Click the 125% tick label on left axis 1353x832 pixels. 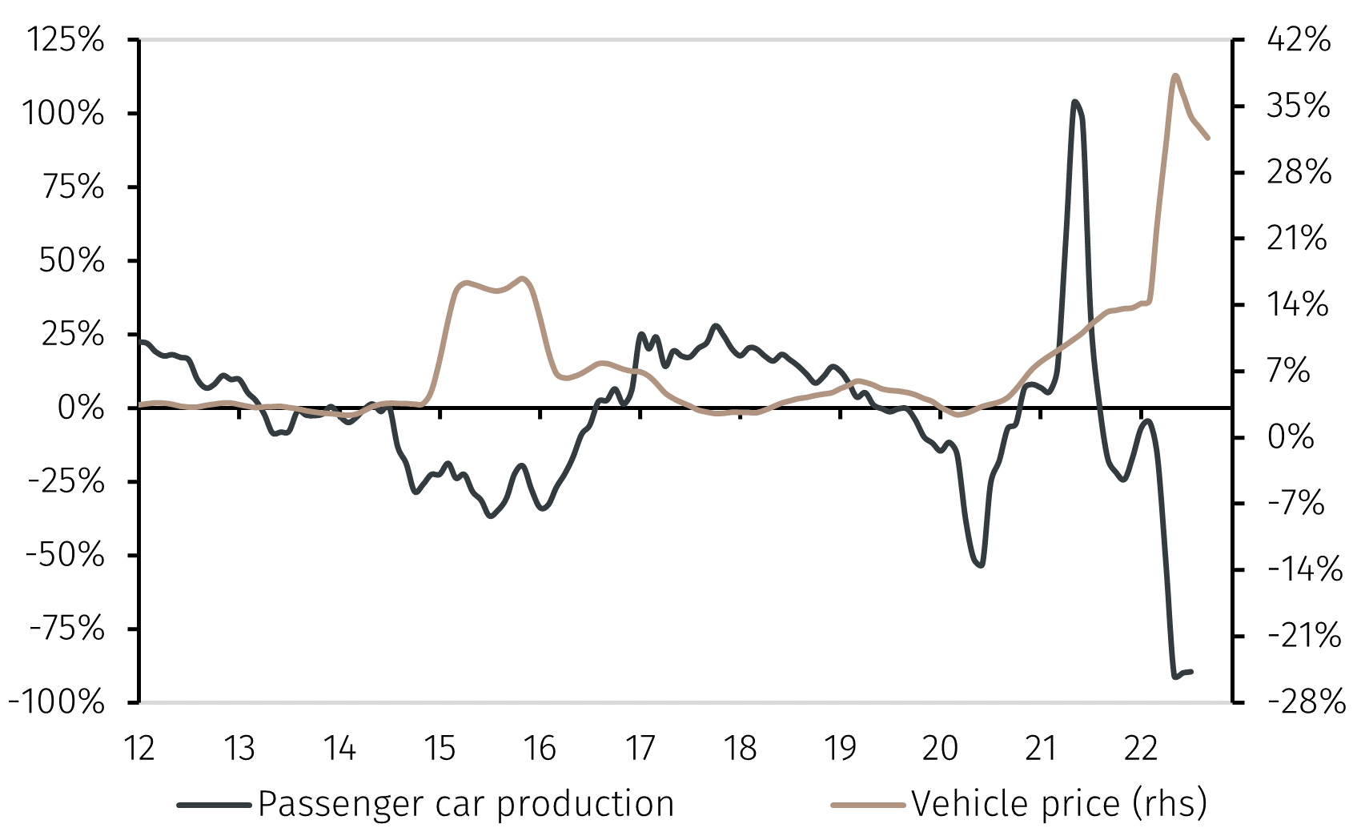tap(66, 39)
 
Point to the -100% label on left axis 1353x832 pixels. tap(57, 702)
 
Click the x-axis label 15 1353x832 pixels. tap(440, 749)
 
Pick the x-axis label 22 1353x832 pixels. tap(1141, 749)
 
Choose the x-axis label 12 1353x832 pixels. tap(139, 749)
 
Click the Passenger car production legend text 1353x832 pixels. tap(466, 804)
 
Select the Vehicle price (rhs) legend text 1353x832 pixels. tap(1059, 804)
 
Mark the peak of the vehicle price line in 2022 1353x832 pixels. tap(1174, 76)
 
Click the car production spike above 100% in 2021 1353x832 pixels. tap(1074, 102)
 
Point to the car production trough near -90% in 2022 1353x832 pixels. tap(1175, 677)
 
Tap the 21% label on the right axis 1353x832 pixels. tap(1297, 239)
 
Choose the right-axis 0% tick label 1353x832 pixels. tap(1291, 437)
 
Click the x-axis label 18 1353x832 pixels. tap(740, 749)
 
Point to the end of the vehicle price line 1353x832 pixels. tap(1208, 139)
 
